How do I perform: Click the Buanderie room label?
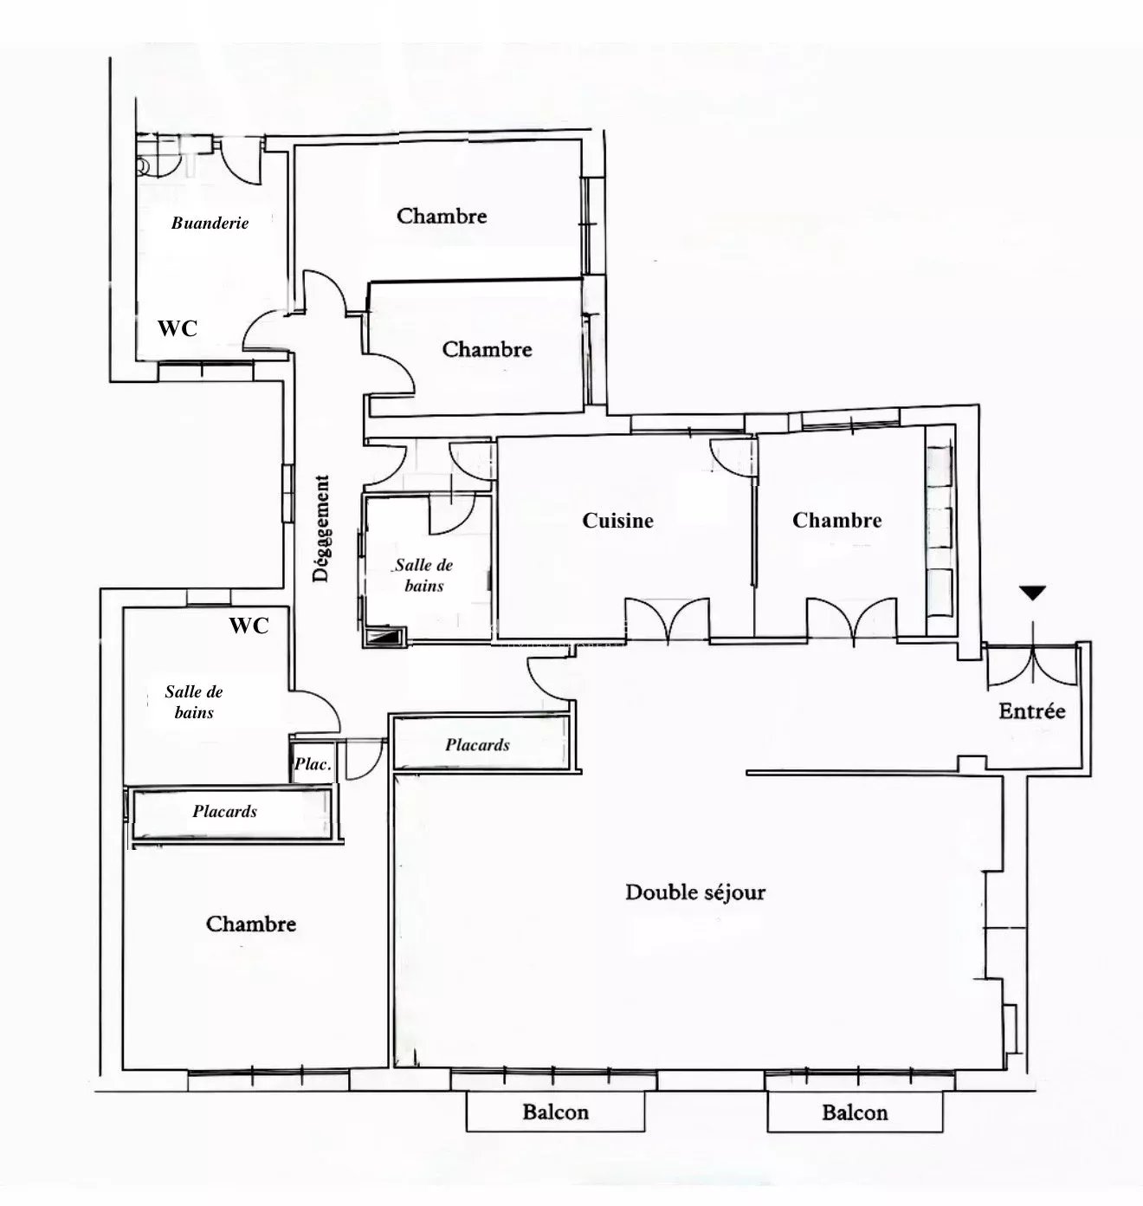pyautogui.click(x=210, y=223)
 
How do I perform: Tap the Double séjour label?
pyautogui.click(x=695, y=892)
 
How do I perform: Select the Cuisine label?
pyautogui.click(x=617, y=521)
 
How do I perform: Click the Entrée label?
pyautogui.click(x=1032, y=711)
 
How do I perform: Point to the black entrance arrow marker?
pyautogui.click(x=1033, y=593)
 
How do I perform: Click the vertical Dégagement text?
pyautogui.click(x=321, y=528)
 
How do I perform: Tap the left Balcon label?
pyautogui.click(x=556, y=1112)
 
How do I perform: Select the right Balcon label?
pyautogui.click(x=855, y=1112)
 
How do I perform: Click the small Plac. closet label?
pyautogui.click(x=313, y=764)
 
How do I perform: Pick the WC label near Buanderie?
pyautogui.click(x=178, y=329)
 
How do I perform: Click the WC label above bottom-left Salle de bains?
pyautogui.click(x=249, y=626)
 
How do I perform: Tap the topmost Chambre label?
pyautogui.click(x=442, y=216)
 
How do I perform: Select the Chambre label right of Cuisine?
pyautogui.click(x=837, y=520)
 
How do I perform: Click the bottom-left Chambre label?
pyautogui.click(x=251, y=924)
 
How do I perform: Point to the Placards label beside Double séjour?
pyautogui.click(x=477, y=745)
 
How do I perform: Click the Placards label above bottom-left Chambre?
pyautogui.click(x=224, y=812)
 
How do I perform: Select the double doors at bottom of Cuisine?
pyautogui.click(x=667, y=621)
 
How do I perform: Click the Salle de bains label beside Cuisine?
pyautogui.click(x=423, y=575)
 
